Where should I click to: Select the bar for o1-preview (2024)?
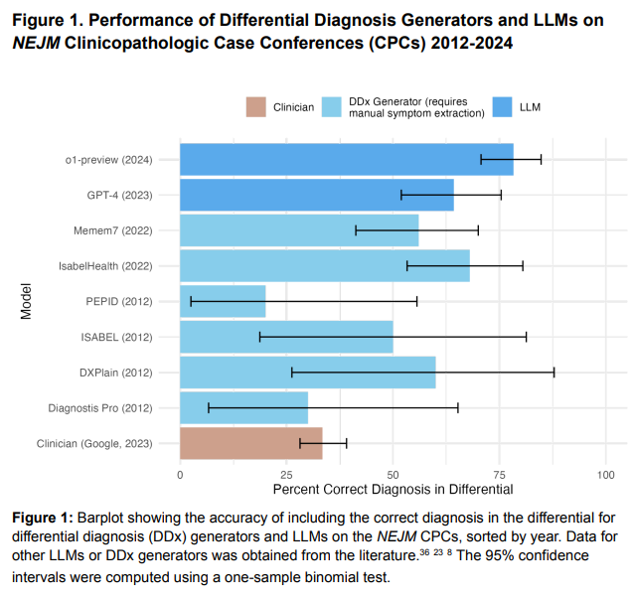346,159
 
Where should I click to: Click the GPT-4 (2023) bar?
316,195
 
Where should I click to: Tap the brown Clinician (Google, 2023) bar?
250,443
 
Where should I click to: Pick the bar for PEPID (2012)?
223,301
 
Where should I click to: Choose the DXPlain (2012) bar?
307,373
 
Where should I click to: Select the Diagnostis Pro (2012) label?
100,408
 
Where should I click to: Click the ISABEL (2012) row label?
116,337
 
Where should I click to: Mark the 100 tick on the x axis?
606,475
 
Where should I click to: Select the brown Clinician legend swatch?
257,106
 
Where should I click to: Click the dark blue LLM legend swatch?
503,106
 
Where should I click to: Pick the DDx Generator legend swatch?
333,106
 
